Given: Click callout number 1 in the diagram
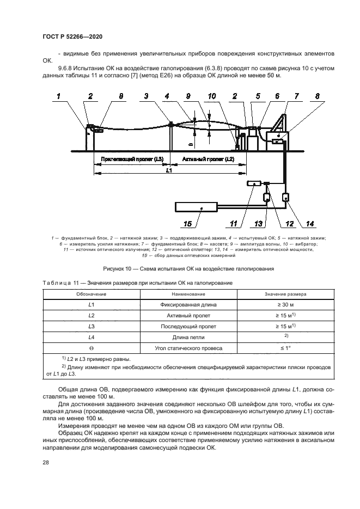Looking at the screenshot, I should tap(59, 96).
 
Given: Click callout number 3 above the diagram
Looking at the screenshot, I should tap(146, 96).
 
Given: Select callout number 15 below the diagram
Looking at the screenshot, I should tap(187, 223).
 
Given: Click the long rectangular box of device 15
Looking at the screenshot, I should tap(197, 206).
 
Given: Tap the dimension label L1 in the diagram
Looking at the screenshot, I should tap(169, 170).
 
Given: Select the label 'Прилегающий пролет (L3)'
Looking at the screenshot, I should tap(132, 159).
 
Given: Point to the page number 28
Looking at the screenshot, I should tap(45, 462).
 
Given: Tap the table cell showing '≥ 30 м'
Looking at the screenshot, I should tap(285, 305).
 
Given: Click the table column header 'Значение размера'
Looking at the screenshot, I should tap(285, 294).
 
